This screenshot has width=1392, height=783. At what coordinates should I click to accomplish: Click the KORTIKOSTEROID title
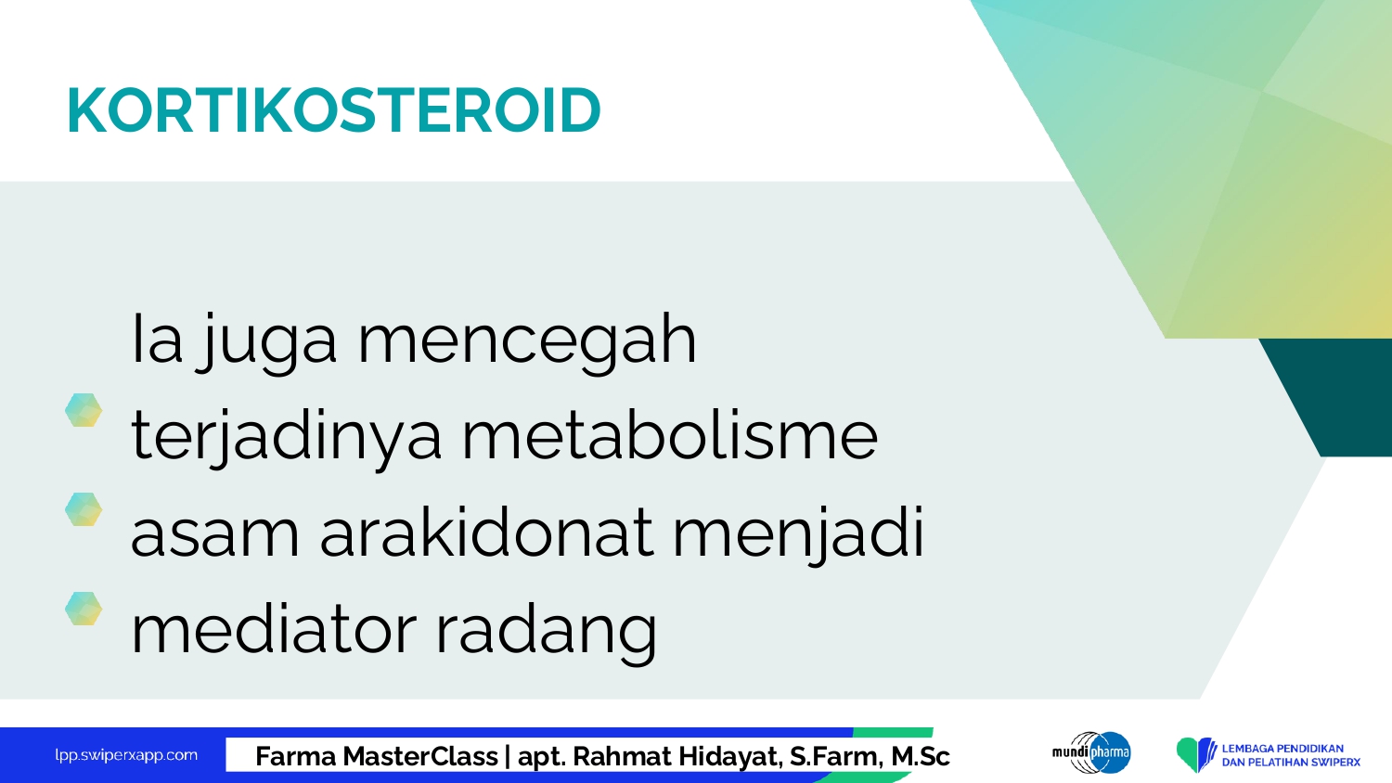tap(334, 110)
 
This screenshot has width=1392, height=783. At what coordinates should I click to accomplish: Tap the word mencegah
tap(528, 341)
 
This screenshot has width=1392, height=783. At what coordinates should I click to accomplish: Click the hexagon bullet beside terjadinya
tap(84, 410)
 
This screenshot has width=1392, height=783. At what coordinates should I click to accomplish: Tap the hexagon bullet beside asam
tap(84, 509)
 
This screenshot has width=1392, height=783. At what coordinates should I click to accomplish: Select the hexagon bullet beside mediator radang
tap(84, 609)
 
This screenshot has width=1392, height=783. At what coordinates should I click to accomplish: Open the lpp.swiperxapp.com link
tap(126, 756)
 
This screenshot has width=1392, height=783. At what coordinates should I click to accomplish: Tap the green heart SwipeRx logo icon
tap(1195, 754)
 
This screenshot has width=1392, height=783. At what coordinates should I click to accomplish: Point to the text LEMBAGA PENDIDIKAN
tap(1282, 749)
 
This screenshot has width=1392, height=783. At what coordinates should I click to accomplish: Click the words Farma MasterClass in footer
tap(377, 756)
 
